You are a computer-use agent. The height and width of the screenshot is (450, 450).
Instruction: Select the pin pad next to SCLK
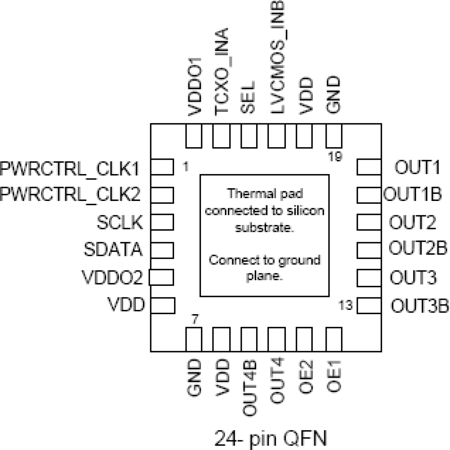click(162, 222)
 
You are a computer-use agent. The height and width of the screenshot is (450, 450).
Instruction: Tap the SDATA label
click(113, 250)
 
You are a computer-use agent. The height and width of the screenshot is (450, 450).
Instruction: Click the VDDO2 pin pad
click(161, 277)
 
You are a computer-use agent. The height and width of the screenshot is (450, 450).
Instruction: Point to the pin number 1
click(185, 167)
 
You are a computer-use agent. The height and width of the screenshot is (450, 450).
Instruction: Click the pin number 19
click(335, 157)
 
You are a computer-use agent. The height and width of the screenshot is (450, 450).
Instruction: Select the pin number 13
click(346, 306)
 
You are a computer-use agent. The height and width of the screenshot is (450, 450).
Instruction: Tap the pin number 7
click(195, 319)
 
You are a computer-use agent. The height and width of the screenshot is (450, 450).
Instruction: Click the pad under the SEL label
click(249, 136)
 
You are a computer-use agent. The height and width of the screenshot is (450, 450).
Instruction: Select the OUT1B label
click(412, 195)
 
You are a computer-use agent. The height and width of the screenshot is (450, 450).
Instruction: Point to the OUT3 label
click(413, 278)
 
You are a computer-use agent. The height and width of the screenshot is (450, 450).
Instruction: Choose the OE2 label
click(306, 377)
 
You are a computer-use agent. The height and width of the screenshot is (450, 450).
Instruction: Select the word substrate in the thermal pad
click(264, 228)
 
